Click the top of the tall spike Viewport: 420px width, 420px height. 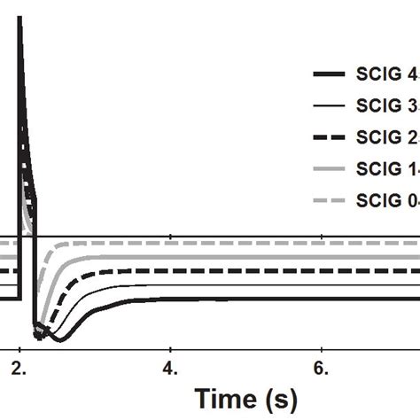(19, 19)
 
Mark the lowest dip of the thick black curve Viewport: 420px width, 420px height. (53, 339)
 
